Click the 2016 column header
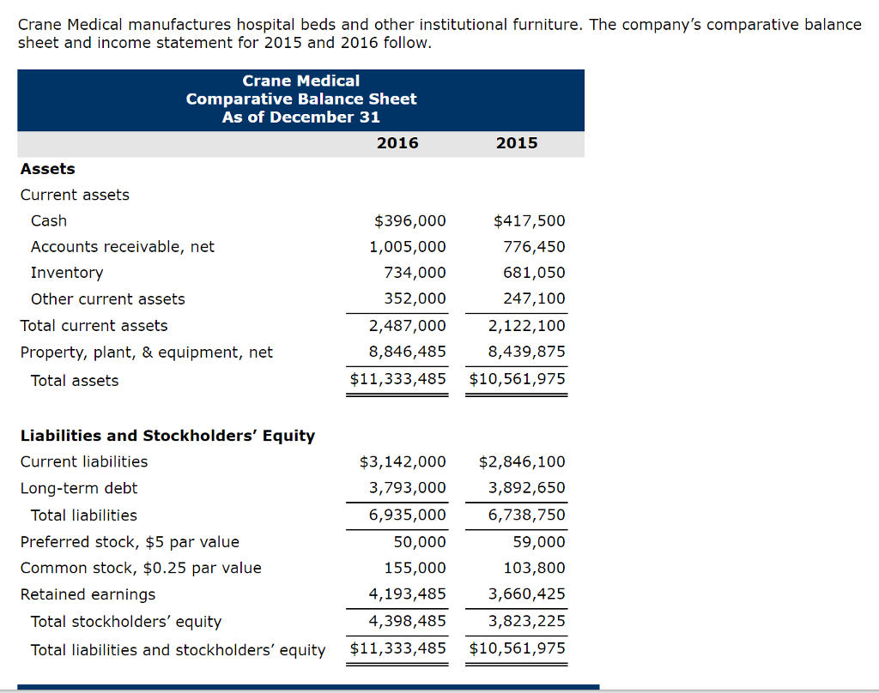(x=397, y=143)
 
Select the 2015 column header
(x=517, y=143)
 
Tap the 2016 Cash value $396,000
(x=410, y=220)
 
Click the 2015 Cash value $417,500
(x=530, y=220)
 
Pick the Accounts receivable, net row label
(x=123, y=247)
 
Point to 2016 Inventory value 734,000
(x=415, y=273)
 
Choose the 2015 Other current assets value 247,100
(x=534, y=299)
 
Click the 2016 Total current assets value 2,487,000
(x=407, y=326)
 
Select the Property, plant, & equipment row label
(x=147, y=353)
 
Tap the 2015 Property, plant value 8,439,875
(x=526, y=353)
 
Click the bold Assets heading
(x=48, y=169)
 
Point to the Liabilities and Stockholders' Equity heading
(x=167, y=436)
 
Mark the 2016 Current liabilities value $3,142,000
(x=403, y=462)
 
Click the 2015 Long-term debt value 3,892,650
(x=526, y=489)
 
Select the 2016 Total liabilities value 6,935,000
(x=407, y=515)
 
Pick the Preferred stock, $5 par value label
(x=130, y=542)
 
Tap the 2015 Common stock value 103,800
(x=534, y=568)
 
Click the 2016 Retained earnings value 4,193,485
(x=407, y=594)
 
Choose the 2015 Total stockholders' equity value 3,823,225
(x=526, y=622)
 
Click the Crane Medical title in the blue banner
(x=301, y=81)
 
